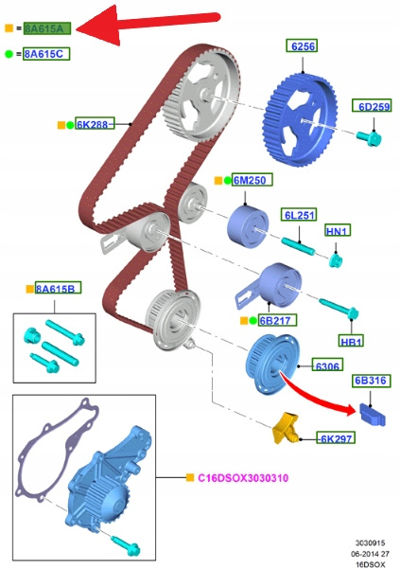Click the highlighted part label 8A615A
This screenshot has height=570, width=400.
[47, 28]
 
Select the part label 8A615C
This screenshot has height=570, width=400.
[46, 54]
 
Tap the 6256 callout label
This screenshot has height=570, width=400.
[302, 45]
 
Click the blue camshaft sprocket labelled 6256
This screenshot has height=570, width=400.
[301, 120]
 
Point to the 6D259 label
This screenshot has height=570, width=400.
[372, 106]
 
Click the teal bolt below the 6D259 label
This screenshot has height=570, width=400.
[369, 138]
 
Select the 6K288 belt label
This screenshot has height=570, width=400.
[95, 124]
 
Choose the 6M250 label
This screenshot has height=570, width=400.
[252, 180]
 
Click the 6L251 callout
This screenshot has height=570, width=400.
[299, 215]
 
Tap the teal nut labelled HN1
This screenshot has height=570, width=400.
[335, 260]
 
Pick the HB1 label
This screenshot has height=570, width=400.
[351, 341]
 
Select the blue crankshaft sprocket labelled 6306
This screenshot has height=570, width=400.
[273, 365]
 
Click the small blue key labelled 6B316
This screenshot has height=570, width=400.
[372, 415]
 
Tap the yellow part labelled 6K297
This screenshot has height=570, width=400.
[286, 428]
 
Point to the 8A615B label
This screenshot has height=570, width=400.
[58, 288]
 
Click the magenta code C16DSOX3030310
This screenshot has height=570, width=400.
[243, 477]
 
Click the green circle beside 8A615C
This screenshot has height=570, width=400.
[9, 54]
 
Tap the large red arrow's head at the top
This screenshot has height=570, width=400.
[97, 27]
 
